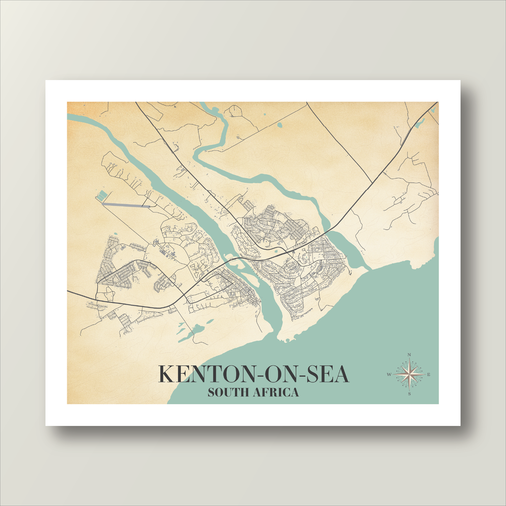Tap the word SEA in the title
point(327,374)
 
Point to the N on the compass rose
point(409,355)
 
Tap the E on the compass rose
point(428,375)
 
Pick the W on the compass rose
point(389,375)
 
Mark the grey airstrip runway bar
point(126,204)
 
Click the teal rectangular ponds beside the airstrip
point(102,196)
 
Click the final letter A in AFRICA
point(295,393)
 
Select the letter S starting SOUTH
point(211,393)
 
